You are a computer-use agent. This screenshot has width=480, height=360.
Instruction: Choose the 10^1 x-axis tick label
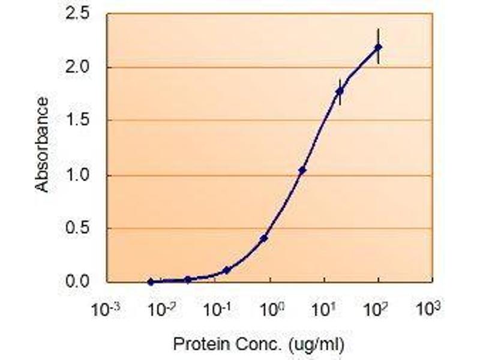[324, 310]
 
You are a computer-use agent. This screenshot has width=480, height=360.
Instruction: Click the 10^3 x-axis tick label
[432, 310]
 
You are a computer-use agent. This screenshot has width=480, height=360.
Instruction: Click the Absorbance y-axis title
[42, 146]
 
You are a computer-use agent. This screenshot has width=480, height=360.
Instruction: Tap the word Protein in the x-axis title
[193, 345]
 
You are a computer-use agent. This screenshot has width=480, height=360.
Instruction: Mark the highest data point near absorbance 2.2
[378, 47]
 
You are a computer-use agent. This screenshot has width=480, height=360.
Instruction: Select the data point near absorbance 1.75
[340, 91]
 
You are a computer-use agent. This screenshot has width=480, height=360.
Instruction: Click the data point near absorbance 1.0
[302, 170]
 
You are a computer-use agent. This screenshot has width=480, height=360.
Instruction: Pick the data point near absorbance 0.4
[264, 238]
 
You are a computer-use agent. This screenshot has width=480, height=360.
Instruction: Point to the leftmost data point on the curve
[151, 281]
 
